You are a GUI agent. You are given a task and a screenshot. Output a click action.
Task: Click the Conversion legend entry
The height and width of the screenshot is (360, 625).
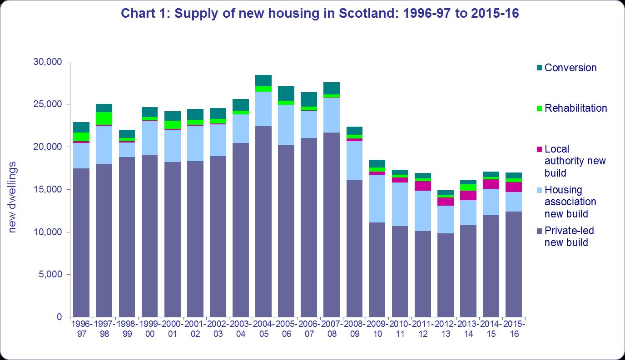[570, 68]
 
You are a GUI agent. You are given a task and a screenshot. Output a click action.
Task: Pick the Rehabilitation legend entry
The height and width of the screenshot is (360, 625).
[575, 108]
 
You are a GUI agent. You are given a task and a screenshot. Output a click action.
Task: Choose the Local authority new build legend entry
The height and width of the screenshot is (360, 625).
[575, 161]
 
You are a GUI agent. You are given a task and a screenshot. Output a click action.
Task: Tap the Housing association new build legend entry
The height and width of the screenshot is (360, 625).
[570, 202]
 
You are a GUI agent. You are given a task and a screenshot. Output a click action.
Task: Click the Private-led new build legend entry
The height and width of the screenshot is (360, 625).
[569, 237]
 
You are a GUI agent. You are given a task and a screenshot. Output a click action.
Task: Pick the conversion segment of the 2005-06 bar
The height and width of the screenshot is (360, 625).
[286, 94]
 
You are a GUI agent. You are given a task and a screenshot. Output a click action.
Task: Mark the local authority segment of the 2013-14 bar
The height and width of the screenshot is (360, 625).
[468, 195]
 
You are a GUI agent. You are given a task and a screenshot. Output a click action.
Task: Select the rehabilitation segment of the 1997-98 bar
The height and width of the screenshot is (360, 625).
[104, 118]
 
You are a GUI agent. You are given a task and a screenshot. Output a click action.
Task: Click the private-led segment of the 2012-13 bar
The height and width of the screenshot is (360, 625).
[446, 275]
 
